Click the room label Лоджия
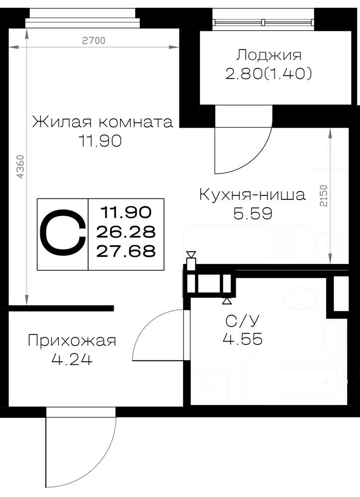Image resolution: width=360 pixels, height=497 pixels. [269, 55]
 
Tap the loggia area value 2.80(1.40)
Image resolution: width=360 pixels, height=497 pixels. [269, 74]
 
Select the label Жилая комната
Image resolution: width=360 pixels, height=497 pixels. [102, 122]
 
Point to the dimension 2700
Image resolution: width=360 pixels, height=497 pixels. [93, 41]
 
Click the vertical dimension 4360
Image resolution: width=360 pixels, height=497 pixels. [20, 166]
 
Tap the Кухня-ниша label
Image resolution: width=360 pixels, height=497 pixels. [252, 194]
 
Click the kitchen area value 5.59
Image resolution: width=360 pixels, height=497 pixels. [253, 214]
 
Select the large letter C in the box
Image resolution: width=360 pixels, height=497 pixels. [63, 234]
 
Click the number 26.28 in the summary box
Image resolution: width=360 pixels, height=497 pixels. [126, 232]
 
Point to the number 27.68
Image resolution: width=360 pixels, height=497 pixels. [126, 251]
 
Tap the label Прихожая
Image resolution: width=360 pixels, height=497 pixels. [72, 341]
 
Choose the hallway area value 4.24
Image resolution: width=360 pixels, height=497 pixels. [72, 359]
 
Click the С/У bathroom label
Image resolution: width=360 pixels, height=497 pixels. [242, 321]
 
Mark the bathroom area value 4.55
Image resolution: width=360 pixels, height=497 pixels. [243, 339]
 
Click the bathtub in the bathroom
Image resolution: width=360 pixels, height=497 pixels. [295, 380]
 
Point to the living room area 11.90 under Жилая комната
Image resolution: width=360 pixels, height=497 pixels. [100, 141]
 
